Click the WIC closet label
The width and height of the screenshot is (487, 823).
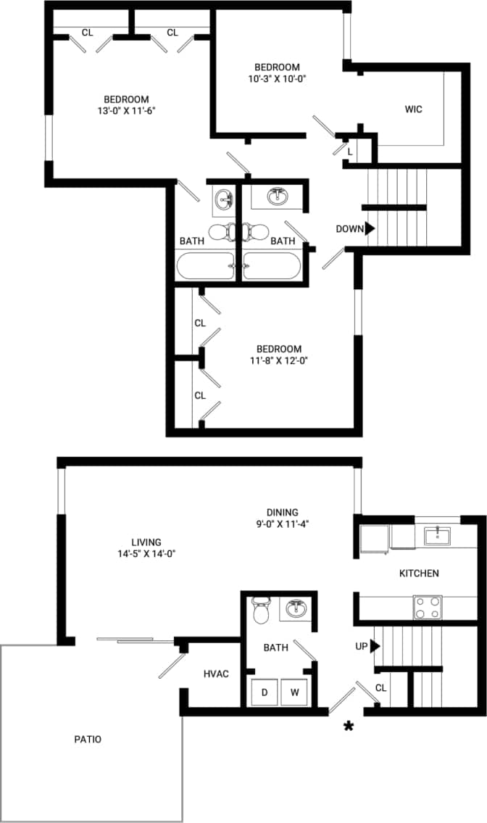coord(414,109)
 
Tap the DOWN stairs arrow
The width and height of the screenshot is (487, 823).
coord(370,228)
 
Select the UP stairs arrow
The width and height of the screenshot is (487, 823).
coord(375,645)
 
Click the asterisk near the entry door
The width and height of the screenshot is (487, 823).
coord(349,727)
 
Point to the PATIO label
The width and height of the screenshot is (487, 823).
coord(88,740)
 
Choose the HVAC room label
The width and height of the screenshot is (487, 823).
coord(216,674)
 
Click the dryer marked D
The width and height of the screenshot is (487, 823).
coord(265,692)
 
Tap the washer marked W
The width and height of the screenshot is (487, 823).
coord(295,692)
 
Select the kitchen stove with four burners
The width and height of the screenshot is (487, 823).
coord(428,607)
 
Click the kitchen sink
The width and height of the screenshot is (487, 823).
coord(437,536)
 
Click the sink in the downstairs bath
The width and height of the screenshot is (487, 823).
coord(296,608)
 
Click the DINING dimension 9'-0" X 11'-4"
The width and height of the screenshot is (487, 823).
coord(281,523)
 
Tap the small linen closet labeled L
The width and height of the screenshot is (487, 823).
coord(350,152)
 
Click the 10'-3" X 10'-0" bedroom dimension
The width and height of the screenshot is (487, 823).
coord(277,79)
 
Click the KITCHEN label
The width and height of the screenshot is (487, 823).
coord(419,574)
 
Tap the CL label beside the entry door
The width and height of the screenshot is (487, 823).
coord(381,687)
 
